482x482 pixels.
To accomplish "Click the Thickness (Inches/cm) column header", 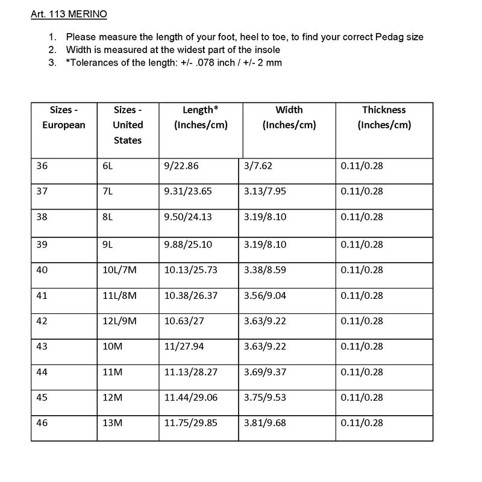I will click(384, 117).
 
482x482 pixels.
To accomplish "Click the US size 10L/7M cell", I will click(120, 269).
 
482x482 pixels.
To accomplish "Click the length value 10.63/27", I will click(184, 321).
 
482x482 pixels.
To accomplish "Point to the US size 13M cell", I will click(113, 423).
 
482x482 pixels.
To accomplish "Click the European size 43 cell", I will click(42, 347).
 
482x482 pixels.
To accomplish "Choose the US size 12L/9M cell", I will click(120, 321).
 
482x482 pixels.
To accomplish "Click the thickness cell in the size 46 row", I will click(361, 423).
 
